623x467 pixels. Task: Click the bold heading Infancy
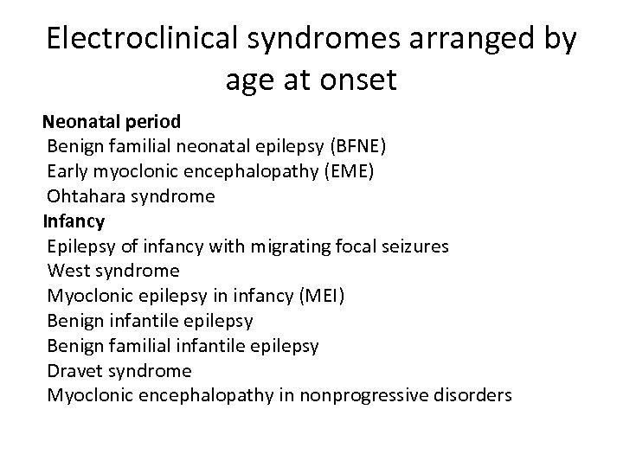click(x=74, y=221)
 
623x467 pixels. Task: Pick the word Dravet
click(x=76, y=370)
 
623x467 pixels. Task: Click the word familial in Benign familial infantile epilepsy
click(x=137, y=346)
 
